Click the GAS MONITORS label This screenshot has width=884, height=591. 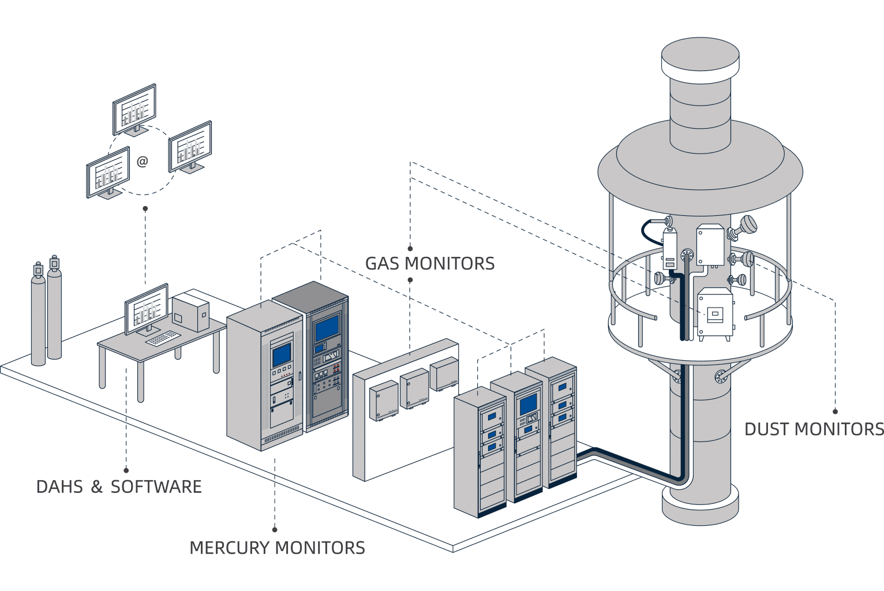[430, 264]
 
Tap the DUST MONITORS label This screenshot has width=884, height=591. [814, 429]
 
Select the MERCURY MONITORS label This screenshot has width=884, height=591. [277, 548]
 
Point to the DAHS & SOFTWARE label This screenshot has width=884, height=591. [119, 487]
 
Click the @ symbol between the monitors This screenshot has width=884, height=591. [143, 162]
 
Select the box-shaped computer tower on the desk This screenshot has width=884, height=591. [190, 312]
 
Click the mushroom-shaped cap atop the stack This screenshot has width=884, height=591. [700, 58]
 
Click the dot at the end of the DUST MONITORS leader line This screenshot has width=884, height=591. [835, 412]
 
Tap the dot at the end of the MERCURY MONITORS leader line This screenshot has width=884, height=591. [275, 529]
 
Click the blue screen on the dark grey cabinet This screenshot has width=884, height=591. [327, 327]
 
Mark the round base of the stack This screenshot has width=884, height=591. [700, 505]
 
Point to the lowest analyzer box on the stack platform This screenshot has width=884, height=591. [716, 315]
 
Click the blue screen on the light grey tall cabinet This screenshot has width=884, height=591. [282, 354]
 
